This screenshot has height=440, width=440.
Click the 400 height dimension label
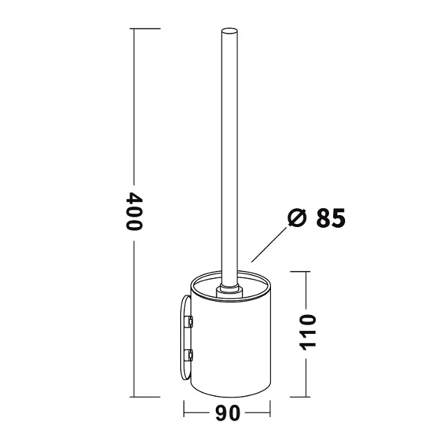pos(134,212)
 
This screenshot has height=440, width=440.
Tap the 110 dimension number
pos(307,332)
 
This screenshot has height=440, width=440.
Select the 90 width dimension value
pos(228,413)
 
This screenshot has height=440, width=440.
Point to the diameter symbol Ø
pos(297,217)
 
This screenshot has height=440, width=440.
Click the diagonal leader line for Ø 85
pos(269,244)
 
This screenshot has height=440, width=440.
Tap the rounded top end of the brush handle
pos(229,31)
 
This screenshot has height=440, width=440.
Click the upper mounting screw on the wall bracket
pos(189,321)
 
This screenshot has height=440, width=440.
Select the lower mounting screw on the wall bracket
pos(189,355)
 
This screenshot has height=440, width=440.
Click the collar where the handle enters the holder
pos(229,291)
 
